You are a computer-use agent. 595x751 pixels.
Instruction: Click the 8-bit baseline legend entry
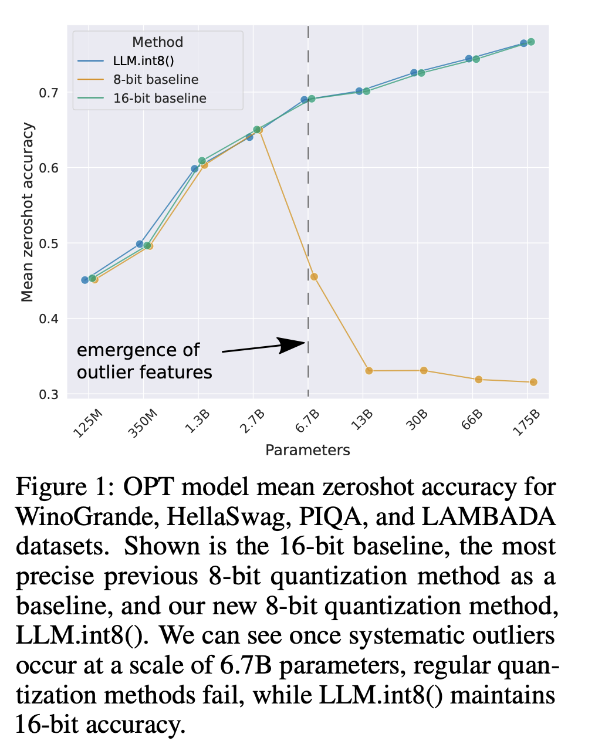coord(155,80)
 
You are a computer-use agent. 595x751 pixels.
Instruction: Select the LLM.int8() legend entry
coord(144,61)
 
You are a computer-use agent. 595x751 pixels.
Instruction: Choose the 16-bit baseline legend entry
coord(160,99)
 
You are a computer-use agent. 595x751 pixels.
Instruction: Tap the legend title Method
coord(157,42)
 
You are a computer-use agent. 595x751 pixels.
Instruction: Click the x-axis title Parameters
coord(307,450)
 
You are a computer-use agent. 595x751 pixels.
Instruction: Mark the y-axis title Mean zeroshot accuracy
coord(28,212)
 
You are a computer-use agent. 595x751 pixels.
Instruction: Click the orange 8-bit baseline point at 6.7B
coord(314,277)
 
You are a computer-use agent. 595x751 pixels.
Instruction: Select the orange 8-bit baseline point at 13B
coord(369,371)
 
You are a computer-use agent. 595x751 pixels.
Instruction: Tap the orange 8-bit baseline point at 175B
coord(533,382)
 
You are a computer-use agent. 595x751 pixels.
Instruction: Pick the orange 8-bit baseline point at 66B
coord(479,380)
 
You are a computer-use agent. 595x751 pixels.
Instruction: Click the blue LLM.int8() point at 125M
coord(85,280)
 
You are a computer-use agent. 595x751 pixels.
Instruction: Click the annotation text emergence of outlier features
coord(144,361)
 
